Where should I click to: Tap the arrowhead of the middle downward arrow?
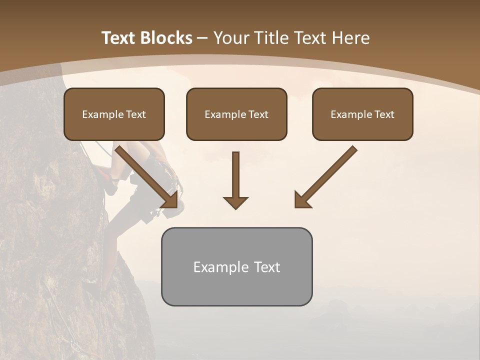(x=235, y=202)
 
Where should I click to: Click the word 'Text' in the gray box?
(x=266, y=267)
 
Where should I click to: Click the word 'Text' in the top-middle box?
(x=258, y=114)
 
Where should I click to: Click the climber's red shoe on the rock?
(x=105, y=175)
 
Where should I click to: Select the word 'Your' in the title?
(x=231, y=38)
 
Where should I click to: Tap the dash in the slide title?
(x=202, y=38)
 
